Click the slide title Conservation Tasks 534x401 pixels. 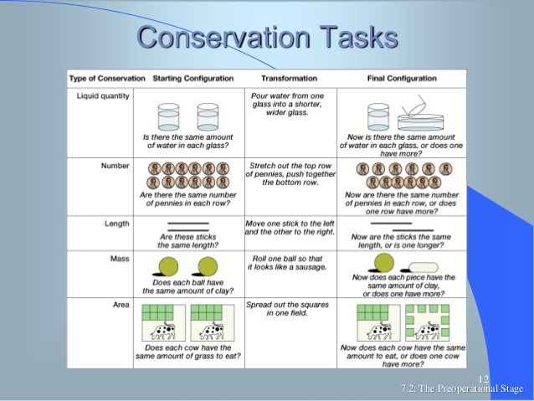[266, 38]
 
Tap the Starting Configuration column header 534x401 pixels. [193, 79]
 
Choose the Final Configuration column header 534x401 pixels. [402, 79]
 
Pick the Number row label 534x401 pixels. [115, 166]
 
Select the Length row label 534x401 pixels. [116, 224]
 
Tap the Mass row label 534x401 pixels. [119, 259]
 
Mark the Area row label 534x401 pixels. [120, 305]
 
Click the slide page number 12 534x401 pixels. [483, 378]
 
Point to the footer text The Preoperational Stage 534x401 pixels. [462, 389]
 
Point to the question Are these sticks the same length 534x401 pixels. [188, 241]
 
